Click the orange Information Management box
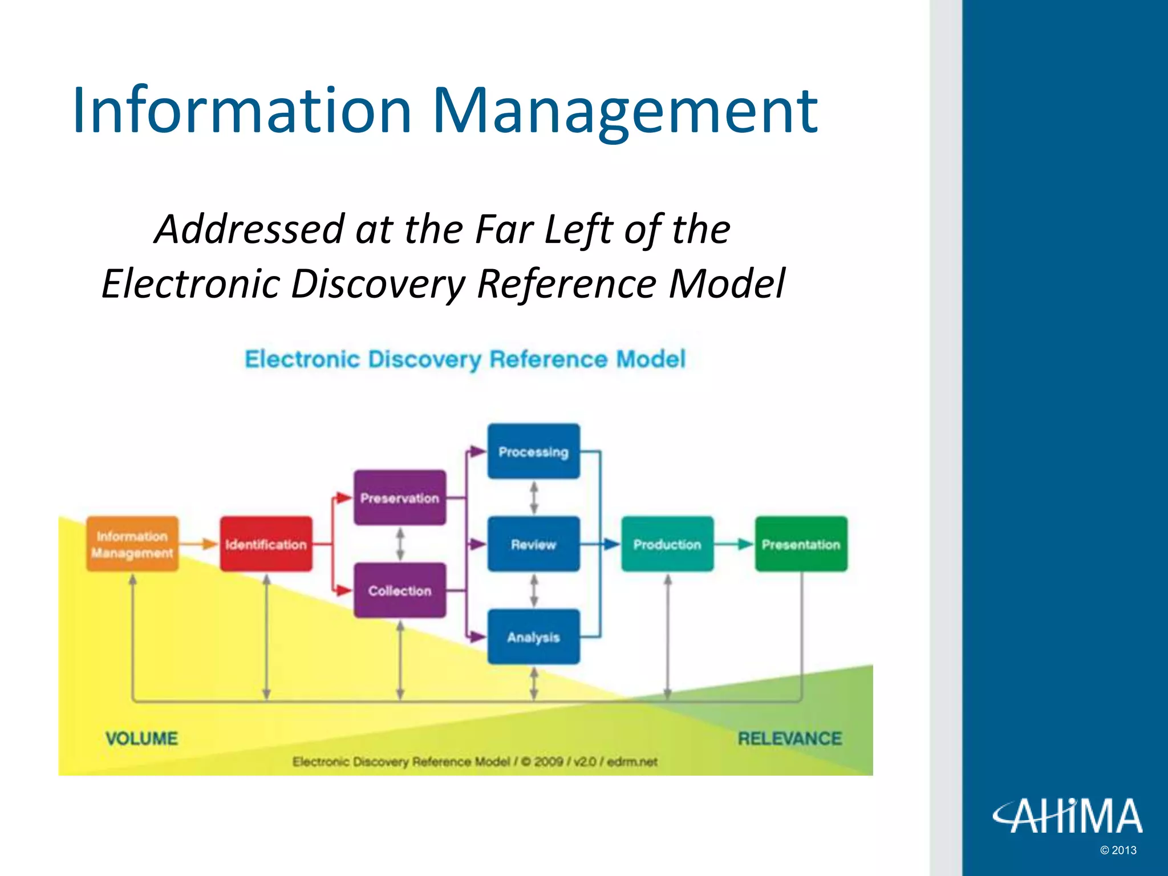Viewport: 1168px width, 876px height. [132, 544]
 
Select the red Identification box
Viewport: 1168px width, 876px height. [266, 544]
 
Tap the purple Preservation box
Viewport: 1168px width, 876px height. [400, 498]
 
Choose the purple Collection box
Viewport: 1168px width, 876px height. [400, 590]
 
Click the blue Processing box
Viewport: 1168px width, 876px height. [533, 451]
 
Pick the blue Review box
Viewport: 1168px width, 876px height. [533, 544]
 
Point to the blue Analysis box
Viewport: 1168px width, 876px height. [533, 636]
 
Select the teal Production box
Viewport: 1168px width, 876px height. [667, 544]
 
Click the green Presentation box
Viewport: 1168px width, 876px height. [801, 544]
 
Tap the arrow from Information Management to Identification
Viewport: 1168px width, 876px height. [200, 544]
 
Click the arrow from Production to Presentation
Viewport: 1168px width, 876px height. [735, 544]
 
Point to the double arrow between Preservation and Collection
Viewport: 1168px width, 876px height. [400, 544]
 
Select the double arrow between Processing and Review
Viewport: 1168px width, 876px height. [534, 498]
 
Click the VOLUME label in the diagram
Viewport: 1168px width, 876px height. [141, 739]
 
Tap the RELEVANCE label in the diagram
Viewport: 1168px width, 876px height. [789, 739]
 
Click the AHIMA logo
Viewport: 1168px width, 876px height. [1068, 816]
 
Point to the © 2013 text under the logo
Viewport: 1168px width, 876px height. [1118, 850]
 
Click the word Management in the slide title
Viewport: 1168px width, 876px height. [624, 111]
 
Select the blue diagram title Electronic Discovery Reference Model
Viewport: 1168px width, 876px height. [465, 359]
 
